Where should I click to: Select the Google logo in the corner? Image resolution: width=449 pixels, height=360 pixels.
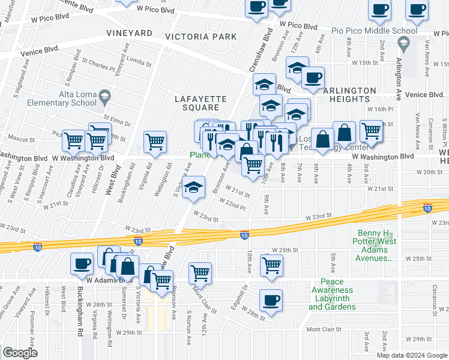(x=20, y=353)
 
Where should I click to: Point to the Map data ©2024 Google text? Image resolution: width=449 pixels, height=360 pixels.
(x=412, y=355)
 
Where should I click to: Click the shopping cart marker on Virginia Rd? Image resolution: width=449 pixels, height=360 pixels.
(x=155, y=142)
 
